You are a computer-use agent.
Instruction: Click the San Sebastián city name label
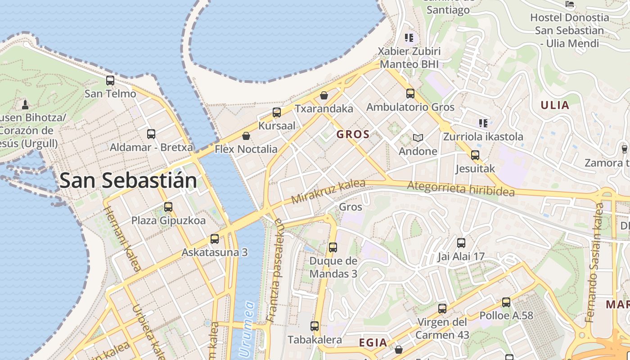tap(128, 180)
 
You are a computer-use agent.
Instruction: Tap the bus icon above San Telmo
tap(110, 81)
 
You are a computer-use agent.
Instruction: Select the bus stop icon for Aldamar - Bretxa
tap(151, 134)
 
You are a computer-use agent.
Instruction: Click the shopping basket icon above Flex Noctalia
tap(246, 136)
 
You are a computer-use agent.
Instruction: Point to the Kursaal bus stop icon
tap(277, 112)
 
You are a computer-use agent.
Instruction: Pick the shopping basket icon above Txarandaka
tap(324, 95)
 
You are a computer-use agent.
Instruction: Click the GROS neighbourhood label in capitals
tap(353, 134)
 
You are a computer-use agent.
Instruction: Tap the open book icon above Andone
tap(418, 138)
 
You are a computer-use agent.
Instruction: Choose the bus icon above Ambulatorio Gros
tap(410, 94)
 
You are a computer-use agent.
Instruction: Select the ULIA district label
tap(555, 105)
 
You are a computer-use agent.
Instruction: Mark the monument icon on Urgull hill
tap(25, 105)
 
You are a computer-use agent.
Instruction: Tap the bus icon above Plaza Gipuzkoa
tap(168, 207)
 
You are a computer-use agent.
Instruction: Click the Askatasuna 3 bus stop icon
tap(215, 239)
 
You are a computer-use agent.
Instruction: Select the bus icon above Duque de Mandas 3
tap(333, 247)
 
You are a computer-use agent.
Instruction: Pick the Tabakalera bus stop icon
tap(315, 326)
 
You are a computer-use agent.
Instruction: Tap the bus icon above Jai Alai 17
tap(461, 243)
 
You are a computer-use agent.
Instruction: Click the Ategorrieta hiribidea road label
tap(460, 189)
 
